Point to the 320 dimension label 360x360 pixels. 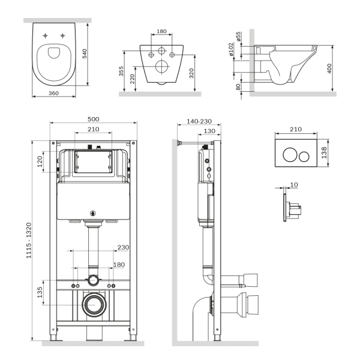pos(191,74)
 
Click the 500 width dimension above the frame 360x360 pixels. pos(94,119)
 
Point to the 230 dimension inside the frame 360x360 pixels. pos(123,247)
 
